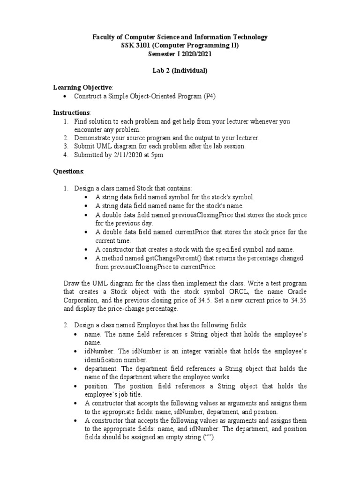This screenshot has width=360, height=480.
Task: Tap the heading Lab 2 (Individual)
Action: (x=180, y=70)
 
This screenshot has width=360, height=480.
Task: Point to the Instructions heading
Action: (x=71, y=112)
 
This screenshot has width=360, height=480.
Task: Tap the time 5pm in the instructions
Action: (x=157, y=155)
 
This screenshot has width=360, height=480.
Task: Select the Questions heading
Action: (x=68, y=171)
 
